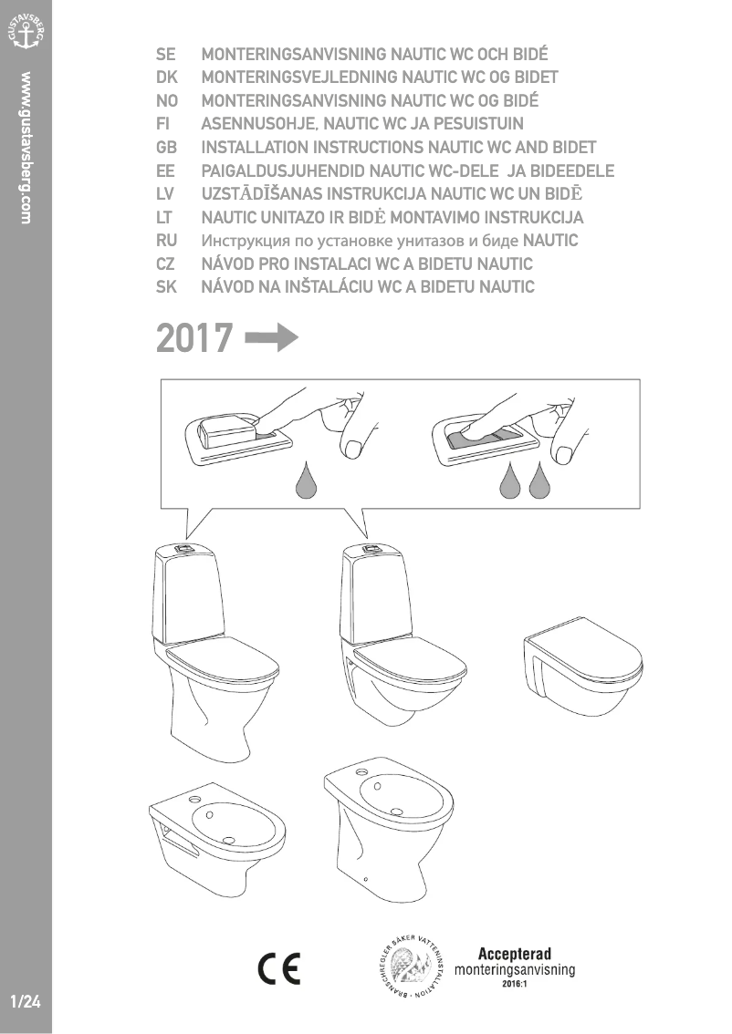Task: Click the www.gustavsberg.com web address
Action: (x=26, y=147)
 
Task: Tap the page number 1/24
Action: (x=26, y=1001)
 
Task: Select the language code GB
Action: (x=167, y=147)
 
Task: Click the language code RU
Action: (x=167, y=241)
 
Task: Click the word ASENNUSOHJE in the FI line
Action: (x=259, y=123)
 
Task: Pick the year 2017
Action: (x=194, y=338)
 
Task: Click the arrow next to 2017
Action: (x=272, y=338)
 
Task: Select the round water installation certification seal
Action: (x=412, y=968)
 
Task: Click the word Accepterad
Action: (x=515, y=954)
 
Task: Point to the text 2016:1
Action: (x=515, y=985)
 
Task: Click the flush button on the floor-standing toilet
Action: (x=185, y=549)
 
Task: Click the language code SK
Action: (x=167, y=287)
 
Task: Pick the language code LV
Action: (x=167, y=193)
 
